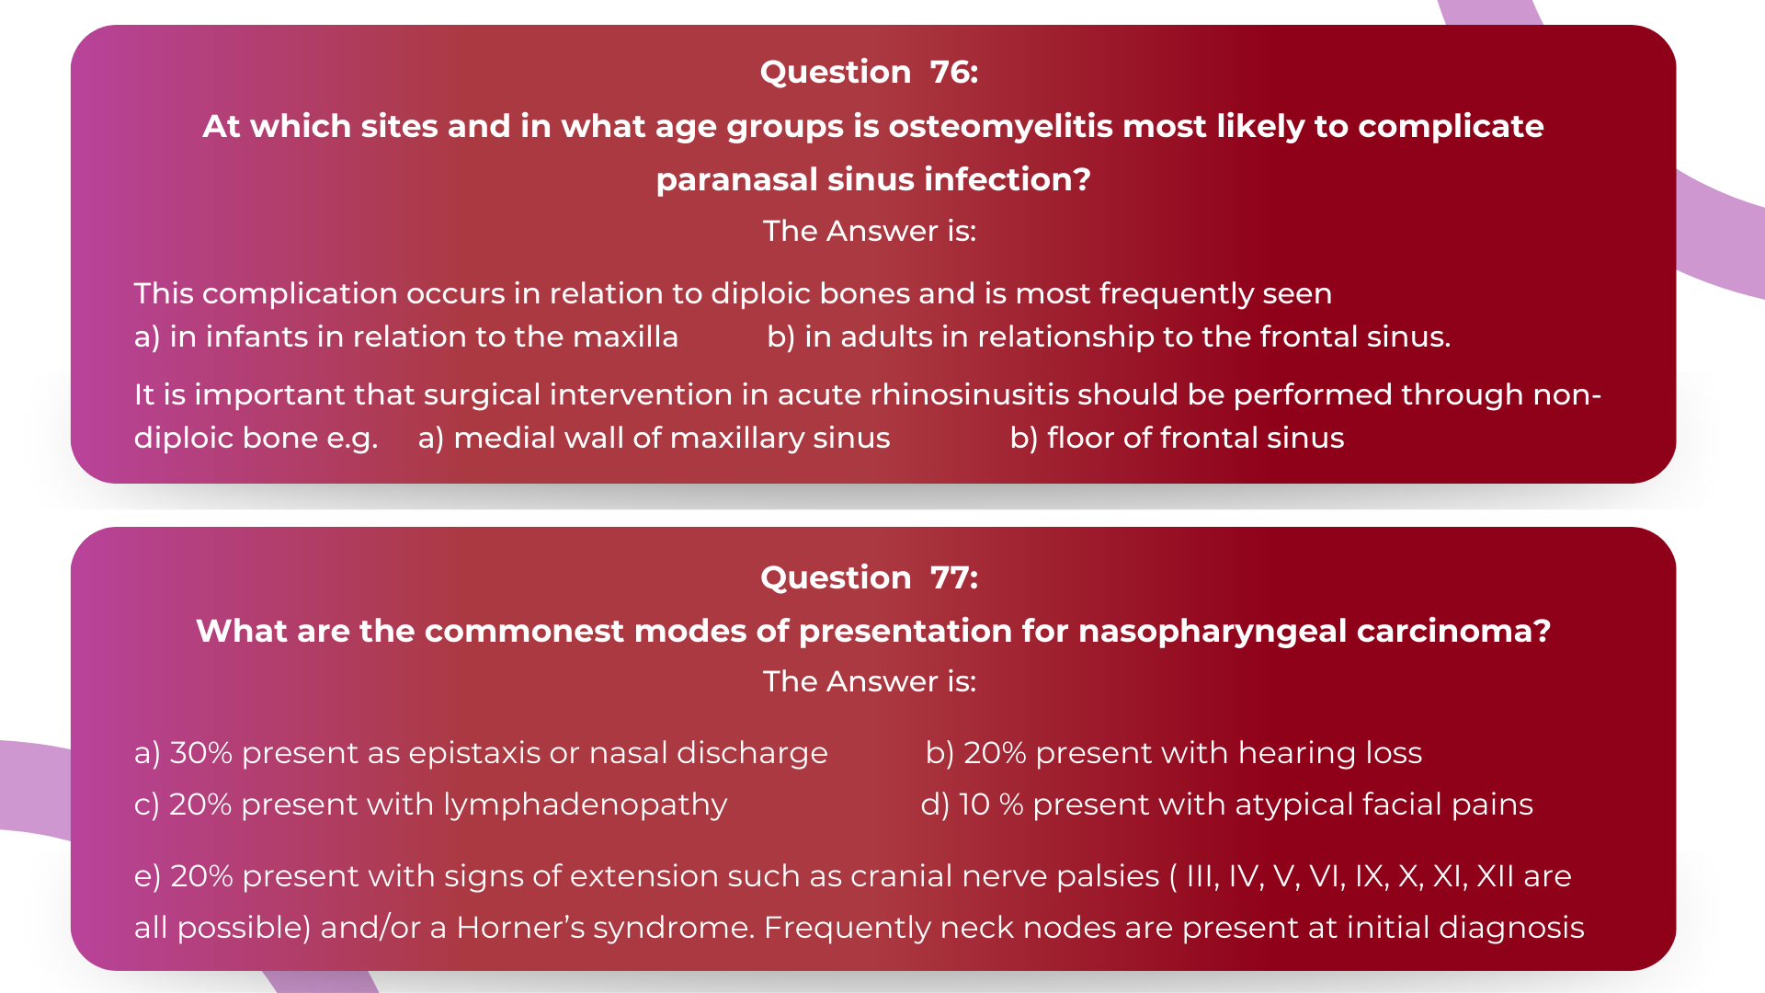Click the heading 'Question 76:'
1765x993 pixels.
pyautogui.click(x=869, y=72)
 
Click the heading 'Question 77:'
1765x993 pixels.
pyautogui.click(x=869, y=577)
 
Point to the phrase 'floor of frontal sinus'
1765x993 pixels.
pyautogui.click(x=1195, y=438)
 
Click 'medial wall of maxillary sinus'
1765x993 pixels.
pyautogui.click(x=671, y=438)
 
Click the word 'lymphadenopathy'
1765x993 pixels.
pyautogui.click(x=585, y=805)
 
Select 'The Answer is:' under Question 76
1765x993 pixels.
pyautogui.click(x=869, y=231)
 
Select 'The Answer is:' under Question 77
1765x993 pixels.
pyautogui.click(x=869, y=681)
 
